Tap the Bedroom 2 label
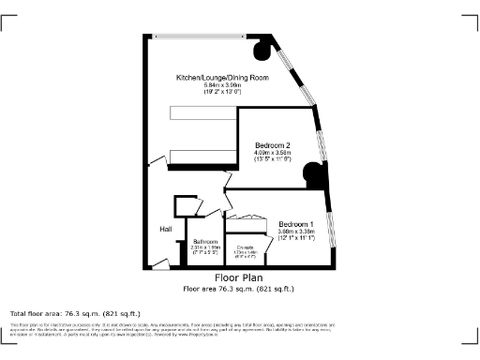(273, 145)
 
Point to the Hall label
(165, 230)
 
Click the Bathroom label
(205, 242)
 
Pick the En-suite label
(246, 247)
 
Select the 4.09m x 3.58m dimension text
(273, 154)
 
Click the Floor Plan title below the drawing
(239, 278)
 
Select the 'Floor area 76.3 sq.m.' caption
(239, 288)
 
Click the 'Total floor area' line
(75, 312)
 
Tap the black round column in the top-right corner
(262, 44)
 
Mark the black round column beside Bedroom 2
(312, 172)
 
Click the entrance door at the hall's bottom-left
(160, 264)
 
